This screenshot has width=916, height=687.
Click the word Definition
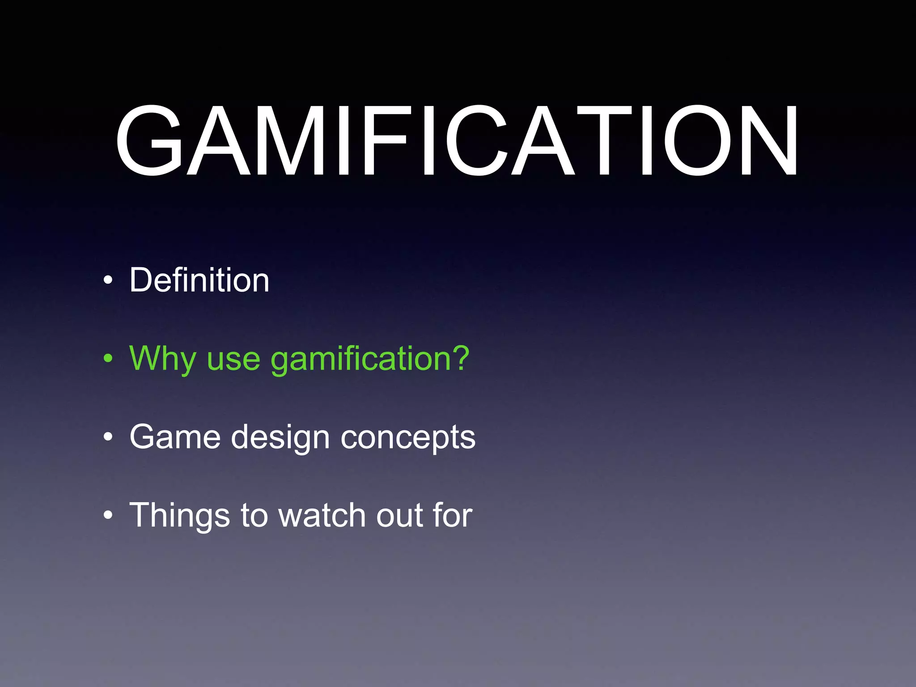click(x=199, y=280)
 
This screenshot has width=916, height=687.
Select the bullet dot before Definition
click(x=107, y=281)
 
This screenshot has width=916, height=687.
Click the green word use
click(x=233, y=360)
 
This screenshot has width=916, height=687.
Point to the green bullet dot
click(x=107, y=358)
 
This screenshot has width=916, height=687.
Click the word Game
click(x=175, y=437)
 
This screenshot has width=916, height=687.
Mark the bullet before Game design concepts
click(x=107, y=437)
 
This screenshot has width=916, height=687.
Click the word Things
click(x=179, y=516)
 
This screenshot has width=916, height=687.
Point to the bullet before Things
click(x=107, y=515)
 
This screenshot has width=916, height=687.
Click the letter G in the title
click(x=150, y=140)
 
